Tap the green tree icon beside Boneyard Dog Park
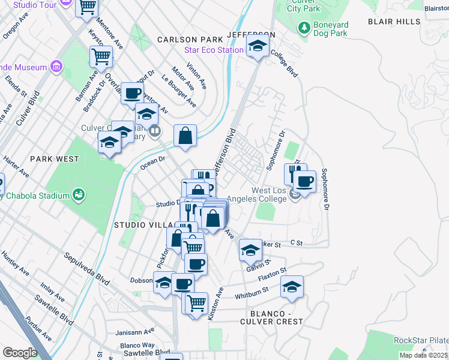(304, 28)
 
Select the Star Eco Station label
(214, 50)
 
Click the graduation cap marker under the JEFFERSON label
(258, 46)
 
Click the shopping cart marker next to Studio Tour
(88, 7)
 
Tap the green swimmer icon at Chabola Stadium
(77, 194)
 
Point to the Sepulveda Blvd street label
(87, 268)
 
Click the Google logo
(20, 352)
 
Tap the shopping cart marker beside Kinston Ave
(196, 304)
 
